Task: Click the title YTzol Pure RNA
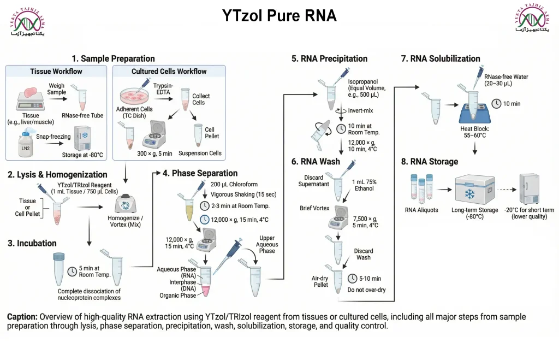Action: (279, 16)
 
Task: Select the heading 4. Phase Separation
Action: (200, 173)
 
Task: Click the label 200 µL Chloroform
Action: (234, 185)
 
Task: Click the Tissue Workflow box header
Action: (56, 72)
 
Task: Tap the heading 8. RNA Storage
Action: (430, 161)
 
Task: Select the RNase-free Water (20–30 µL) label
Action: (506, 81)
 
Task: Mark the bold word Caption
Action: (22, 317)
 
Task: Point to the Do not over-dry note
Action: (366, 290)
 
